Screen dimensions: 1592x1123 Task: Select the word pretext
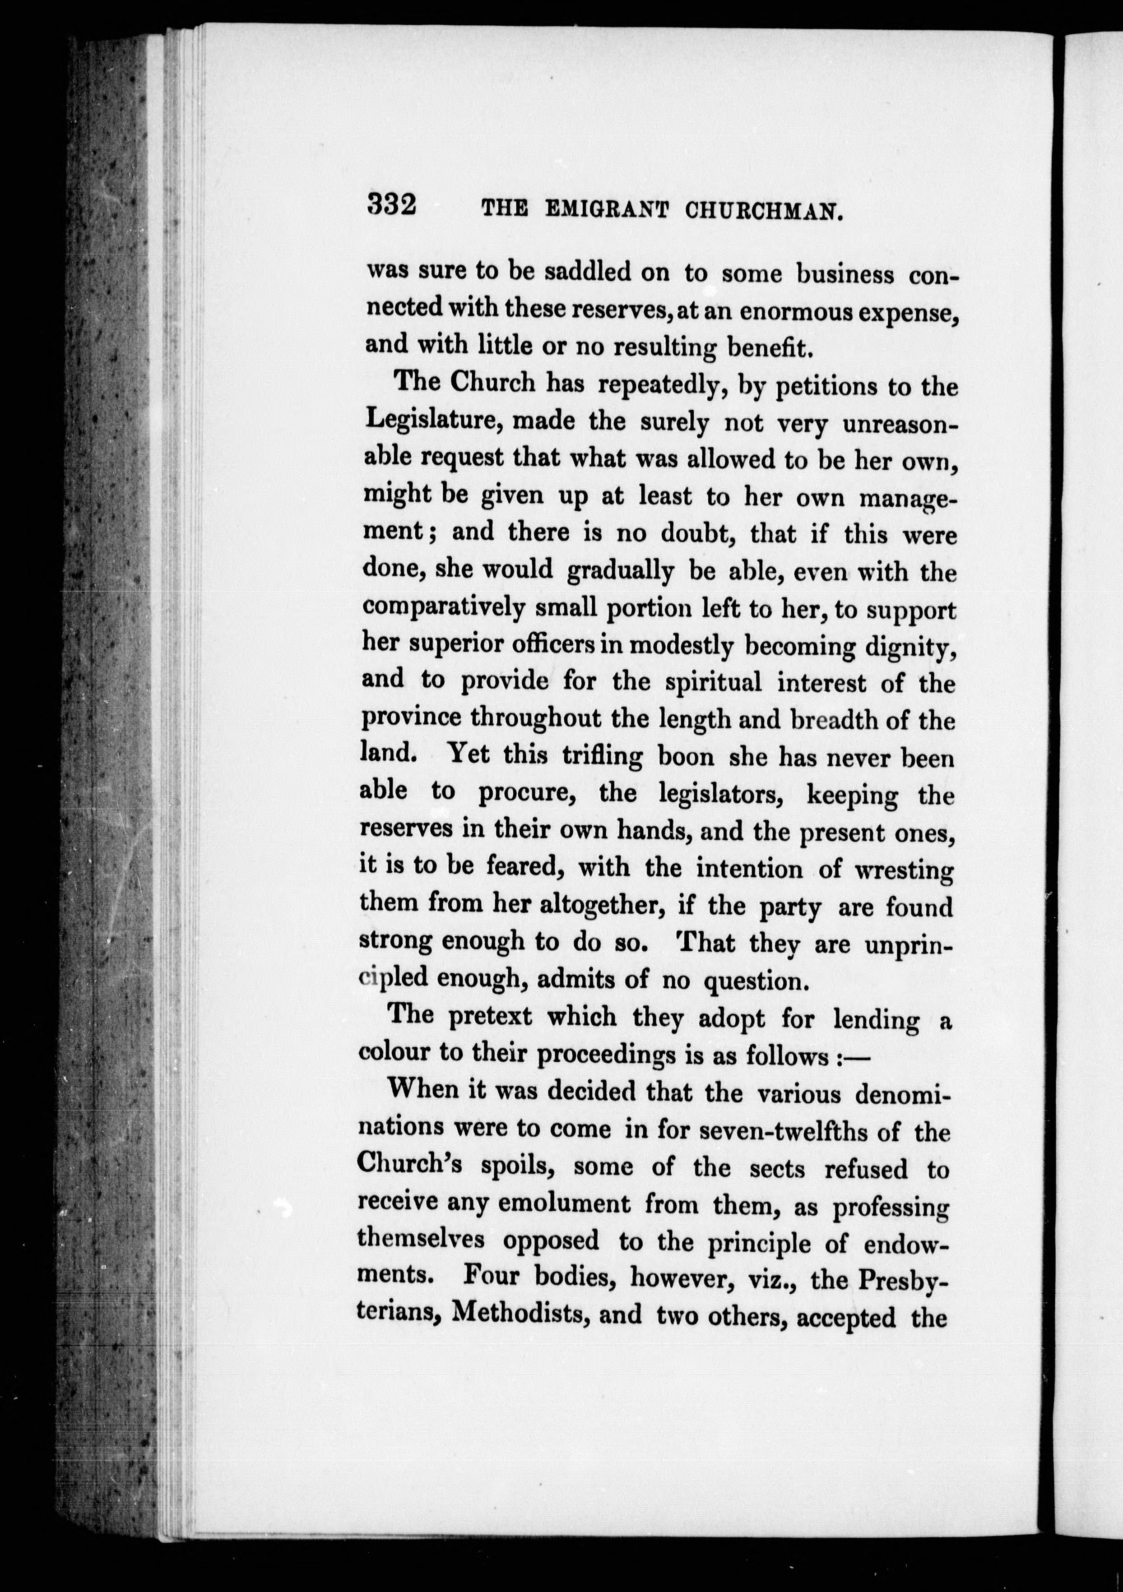490,1017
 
